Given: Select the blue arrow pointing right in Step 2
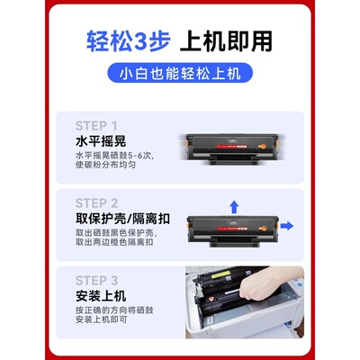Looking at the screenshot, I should pos(287,224).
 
